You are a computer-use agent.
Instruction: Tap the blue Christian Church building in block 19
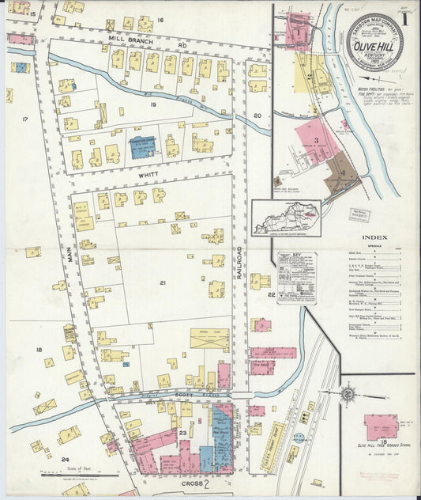click(143, 148)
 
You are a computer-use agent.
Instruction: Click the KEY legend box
click(296, 277)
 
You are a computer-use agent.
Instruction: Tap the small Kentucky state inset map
click(286, 218)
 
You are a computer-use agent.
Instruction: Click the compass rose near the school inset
click(347, 393)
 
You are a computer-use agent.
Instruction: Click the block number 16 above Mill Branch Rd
click(160, 19)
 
